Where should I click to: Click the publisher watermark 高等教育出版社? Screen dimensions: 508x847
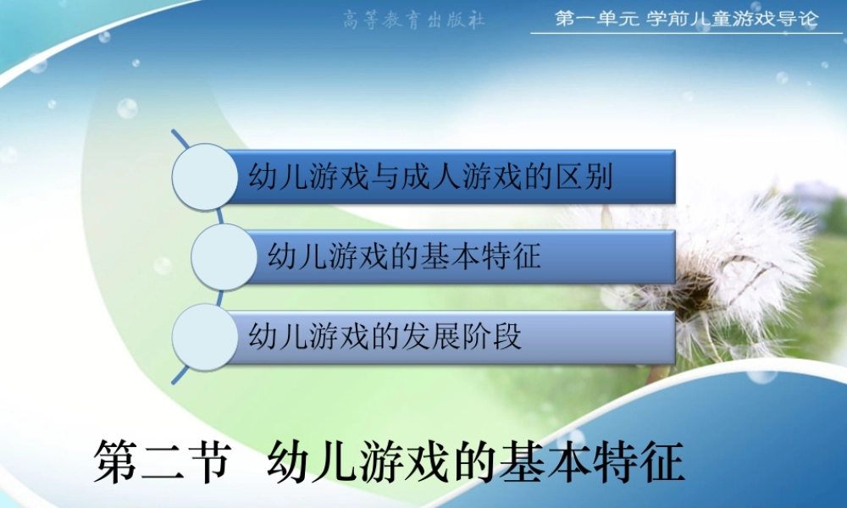[414, 19]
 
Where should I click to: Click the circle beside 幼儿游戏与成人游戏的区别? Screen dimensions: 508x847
[204, 176]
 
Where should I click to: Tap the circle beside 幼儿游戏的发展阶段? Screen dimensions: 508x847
[204, 336]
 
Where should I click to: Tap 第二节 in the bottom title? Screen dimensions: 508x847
[161, 461]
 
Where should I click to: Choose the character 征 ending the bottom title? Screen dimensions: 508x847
[661, 461]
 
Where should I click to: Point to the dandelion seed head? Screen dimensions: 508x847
[720, 262]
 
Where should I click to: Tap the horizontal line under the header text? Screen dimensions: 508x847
[686, 34]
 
